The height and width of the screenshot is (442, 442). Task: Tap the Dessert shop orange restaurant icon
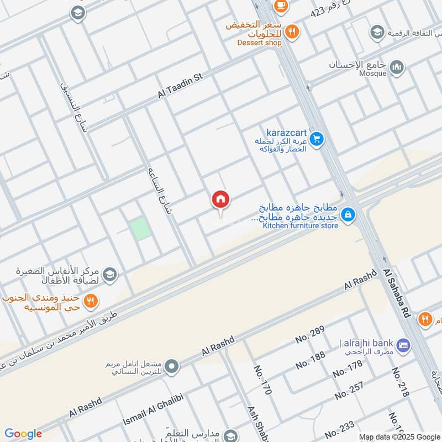pos(292,31)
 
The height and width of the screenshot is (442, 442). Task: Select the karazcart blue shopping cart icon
pos(316,138)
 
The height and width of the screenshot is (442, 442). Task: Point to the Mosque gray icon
pos(397,67)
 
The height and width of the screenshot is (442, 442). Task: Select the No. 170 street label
pos(262,380)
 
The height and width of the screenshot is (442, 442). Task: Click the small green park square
pos(141,228)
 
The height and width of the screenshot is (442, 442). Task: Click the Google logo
pos(23,434)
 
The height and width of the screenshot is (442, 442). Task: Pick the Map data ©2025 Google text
pos(399,436)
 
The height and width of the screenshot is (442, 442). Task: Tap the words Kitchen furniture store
pos(300,225)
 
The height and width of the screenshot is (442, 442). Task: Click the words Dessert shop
pos(259,42)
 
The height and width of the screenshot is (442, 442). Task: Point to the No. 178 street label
pos(348,369)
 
